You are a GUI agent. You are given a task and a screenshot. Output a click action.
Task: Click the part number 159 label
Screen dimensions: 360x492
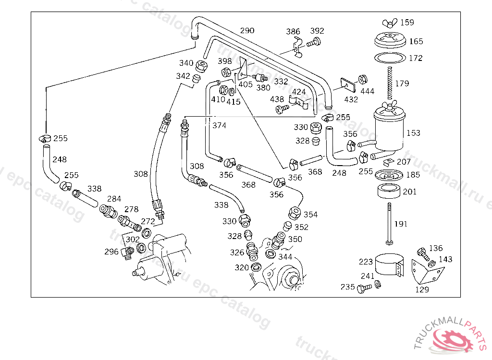point(407,22)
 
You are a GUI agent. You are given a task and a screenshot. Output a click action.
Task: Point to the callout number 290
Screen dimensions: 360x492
point(247,31)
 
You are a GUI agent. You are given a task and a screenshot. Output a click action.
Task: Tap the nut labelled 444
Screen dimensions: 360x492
point(363,79)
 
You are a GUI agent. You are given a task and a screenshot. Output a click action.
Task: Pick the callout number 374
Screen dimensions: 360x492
point(219,125)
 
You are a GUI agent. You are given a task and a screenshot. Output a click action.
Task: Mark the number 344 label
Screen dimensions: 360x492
point(285,257)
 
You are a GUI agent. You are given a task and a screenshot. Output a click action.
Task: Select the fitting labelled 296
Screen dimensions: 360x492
point(127,252)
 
